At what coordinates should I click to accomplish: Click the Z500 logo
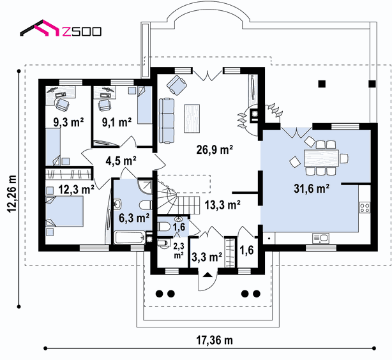(x=61, y=28)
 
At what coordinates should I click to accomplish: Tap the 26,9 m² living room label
(x=215, y=149)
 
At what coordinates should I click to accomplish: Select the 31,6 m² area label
(x=312, y=188)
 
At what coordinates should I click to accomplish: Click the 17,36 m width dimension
(x=215, y=340)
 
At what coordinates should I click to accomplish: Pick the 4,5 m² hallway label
(x=121, y=161)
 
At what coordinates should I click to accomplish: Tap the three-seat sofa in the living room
(x=167, y=121)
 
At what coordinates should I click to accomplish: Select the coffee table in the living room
(x=192, y=119)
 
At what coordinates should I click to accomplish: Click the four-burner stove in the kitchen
(x=365, y=207)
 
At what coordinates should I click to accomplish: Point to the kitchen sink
(x=320, y=238)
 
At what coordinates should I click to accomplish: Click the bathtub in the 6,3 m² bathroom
(x=130, y=237)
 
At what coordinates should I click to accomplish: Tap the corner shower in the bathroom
(x=145, y=186)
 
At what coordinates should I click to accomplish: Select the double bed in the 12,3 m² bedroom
(x=64, y=211)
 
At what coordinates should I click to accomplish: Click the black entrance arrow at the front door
(x=207, y=274)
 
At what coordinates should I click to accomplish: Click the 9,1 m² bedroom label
(x=117, y=123)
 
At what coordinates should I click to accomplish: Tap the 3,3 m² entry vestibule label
(x=207, y=257)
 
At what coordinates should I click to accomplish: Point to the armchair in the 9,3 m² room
(x=62, y=104)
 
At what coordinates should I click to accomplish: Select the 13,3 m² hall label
(x=223, y=205)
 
